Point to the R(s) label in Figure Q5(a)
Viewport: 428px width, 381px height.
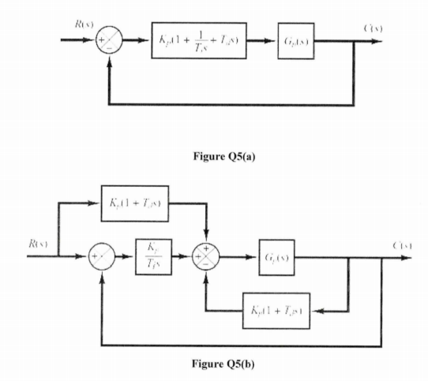81,25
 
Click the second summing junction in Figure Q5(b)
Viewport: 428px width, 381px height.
208,258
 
